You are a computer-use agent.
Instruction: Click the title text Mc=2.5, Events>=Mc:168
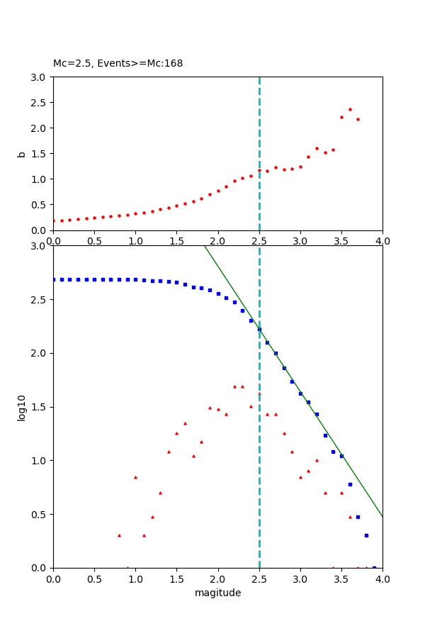[118, 64]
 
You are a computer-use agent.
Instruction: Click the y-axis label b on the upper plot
[22, 154]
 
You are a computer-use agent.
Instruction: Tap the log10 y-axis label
[22, 408]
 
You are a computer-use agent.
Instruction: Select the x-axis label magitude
[217, 593]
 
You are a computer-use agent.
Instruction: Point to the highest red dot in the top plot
[350, 109]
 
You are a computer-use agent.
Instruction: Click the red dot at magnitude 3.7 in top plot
[358, 119]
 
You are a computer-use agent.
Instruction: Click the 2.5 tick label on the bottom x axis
[259, 579]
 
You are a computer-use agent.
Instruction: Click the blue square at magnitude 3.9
[374, 567]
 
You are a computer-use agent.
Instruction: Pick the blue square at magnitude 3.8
[366, 535]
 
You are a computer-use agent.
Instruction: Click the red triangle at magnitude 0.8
[119, 535]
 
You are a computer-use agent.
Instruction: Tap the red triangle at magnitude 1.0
[135, 477]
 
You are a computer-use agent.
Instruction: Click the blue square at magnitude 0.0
[54, 279]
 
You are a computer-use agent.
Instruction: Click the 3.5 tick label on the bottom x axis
[341, 579]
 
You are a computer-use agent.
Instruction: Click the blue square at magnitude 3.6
[350, 484]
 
